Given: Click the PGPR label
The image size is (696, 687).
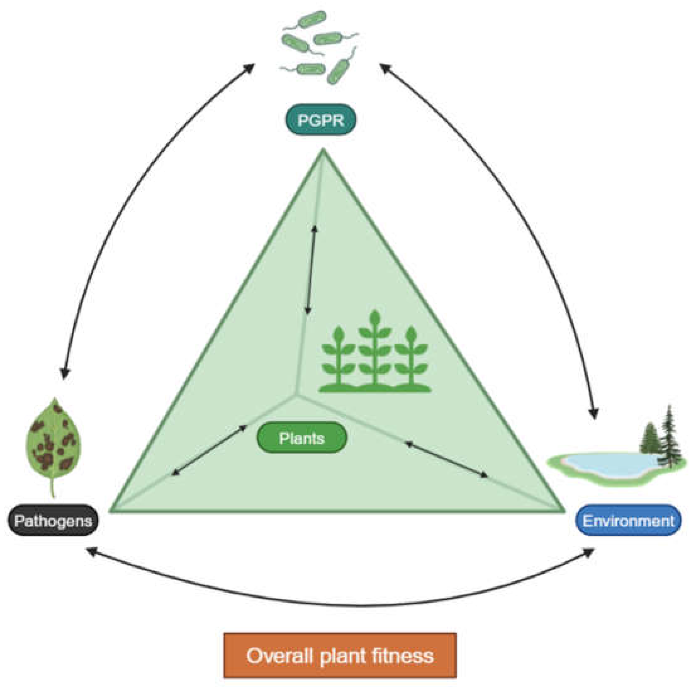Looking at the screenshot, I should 321,120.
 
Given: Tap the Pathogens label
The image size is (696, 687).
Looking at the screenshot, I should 53,521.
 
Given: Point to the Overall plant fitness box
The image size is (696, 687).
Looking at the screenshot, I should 340,656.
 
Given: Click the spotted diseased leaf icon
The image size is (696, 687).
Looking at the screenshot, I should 53,439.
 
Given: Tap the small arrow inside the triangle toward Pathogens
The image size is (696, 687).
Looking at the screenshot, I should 209,450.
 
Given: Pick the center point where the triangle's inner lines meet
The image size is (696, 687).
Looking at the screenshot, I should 297,396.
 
